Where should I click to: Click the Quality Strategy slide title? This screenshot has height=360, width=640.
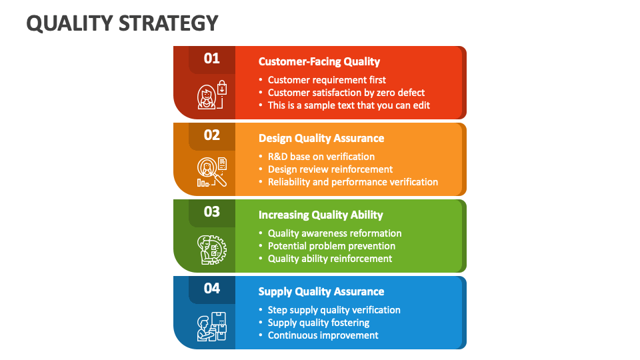click(122, 23)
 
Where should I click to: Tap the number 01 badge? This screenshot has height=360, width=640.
click(211, 59)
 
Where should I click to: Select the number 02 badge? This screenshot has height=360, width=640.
click(211, 135)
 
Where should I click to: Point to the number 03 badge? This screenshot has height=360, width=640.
click(211, 212)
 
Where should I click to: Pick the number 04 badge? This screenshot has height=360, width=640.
click(211, 289)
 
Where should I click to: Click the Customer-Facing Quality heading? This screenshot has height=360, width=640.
click(319, 62)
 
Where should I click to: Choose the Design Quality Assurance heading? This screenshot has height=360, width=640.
click(321, 139)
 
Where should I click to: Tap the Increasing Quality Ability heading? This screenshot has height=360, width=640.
click(320, 215)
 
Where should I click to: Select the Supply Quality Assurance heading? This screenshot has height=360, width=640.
click(321, 292)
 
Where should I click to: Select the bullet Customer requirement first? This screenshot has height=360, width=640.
click(327, 80)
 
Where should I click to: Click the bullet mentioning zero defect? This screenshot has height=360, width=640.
click(346, 93)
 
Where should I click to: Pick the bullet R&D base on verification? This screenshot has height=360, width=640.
click(321, 157)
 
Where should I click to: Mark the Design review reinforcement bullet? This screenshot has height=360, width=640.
click(330, 169)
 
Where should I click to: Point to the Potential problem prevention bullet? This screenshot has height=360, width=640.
click(331, 246)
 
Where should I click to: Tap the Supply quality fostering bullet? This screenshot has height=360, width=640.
click(318, 323)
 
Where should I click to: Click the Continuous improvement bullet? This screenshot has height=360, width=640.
click(323, 335)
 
